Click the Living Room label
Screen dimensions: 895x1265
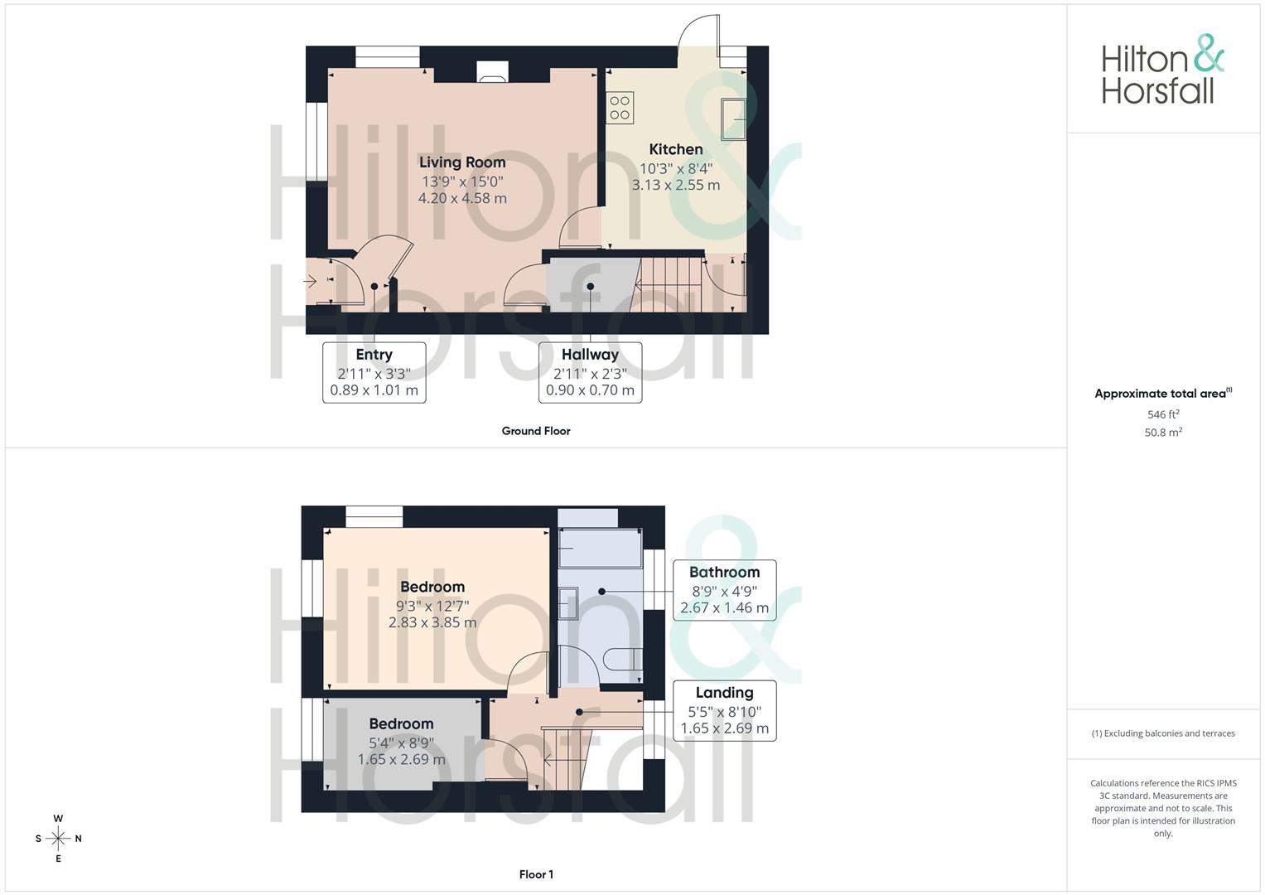tap(461, 162)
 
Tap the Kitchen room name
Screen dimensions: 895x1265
tap(675, 149)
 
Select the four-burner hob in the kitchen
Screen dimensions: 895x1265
tap(620, 108)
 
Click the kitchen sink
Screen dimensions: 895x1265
tap(733, 119)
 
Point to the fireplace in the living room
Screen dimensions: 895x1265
tap(492, 73)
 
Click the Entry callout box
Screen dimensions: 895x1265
tap(374, 372)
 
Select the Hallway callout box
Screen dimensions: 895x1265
tap(590, 372)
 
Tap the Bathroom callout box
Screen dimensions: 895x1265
tap(724, 589)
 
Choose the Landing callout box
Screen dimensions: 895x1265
tap(724, 710)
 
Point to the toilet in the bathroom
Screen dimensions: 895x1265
tap(624, 659)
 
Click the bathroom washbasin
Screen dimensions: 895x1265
tap(568, 603)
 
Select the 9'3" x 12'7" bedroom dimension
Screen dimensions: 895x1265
tap(432, 606)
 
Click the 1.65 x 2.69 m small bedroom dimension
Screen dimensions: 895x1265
tap(401, 759)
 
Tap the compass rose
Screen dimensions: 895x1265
tap(58, 839)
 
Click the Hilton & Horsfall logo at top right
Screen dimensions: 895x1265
tap(1161, 70)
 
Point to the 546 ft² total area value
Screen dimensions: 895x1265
tap(1162, 414)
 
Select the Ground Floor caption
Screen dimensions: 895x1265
tap(536, 431)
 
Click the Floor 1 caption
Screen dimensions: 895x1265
tap(536, 874)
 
